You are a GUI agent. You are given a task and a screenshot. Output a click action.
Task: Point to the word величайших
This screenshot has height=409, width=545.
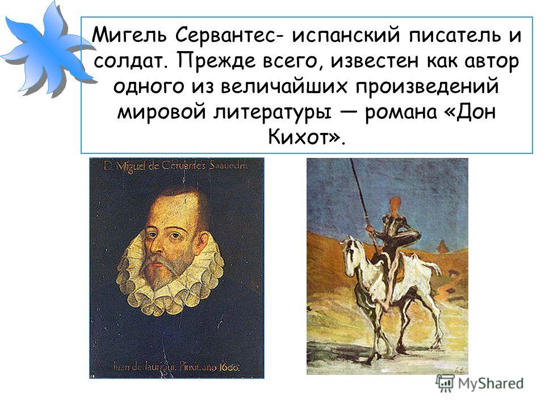pyautogui.click(x=284, y=86)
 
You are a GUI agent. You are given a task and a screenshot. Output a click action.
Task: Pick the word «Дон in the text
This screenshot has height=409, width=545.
pyautogui.click(x=470, y=111)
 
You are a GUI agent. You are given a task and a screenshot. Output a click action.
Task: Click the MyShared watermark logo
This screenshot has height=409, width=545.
pyautogui.click(x=480, y=383)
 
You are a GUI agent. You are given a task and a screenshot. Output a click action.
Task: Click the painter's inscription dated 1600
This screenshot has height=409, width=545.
pyautogui.click(x=177, y=366)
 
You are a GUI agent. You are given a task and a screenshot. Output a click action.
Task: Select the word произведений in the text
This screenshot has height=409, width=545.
pyautogui.click(x=427, y=87)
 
